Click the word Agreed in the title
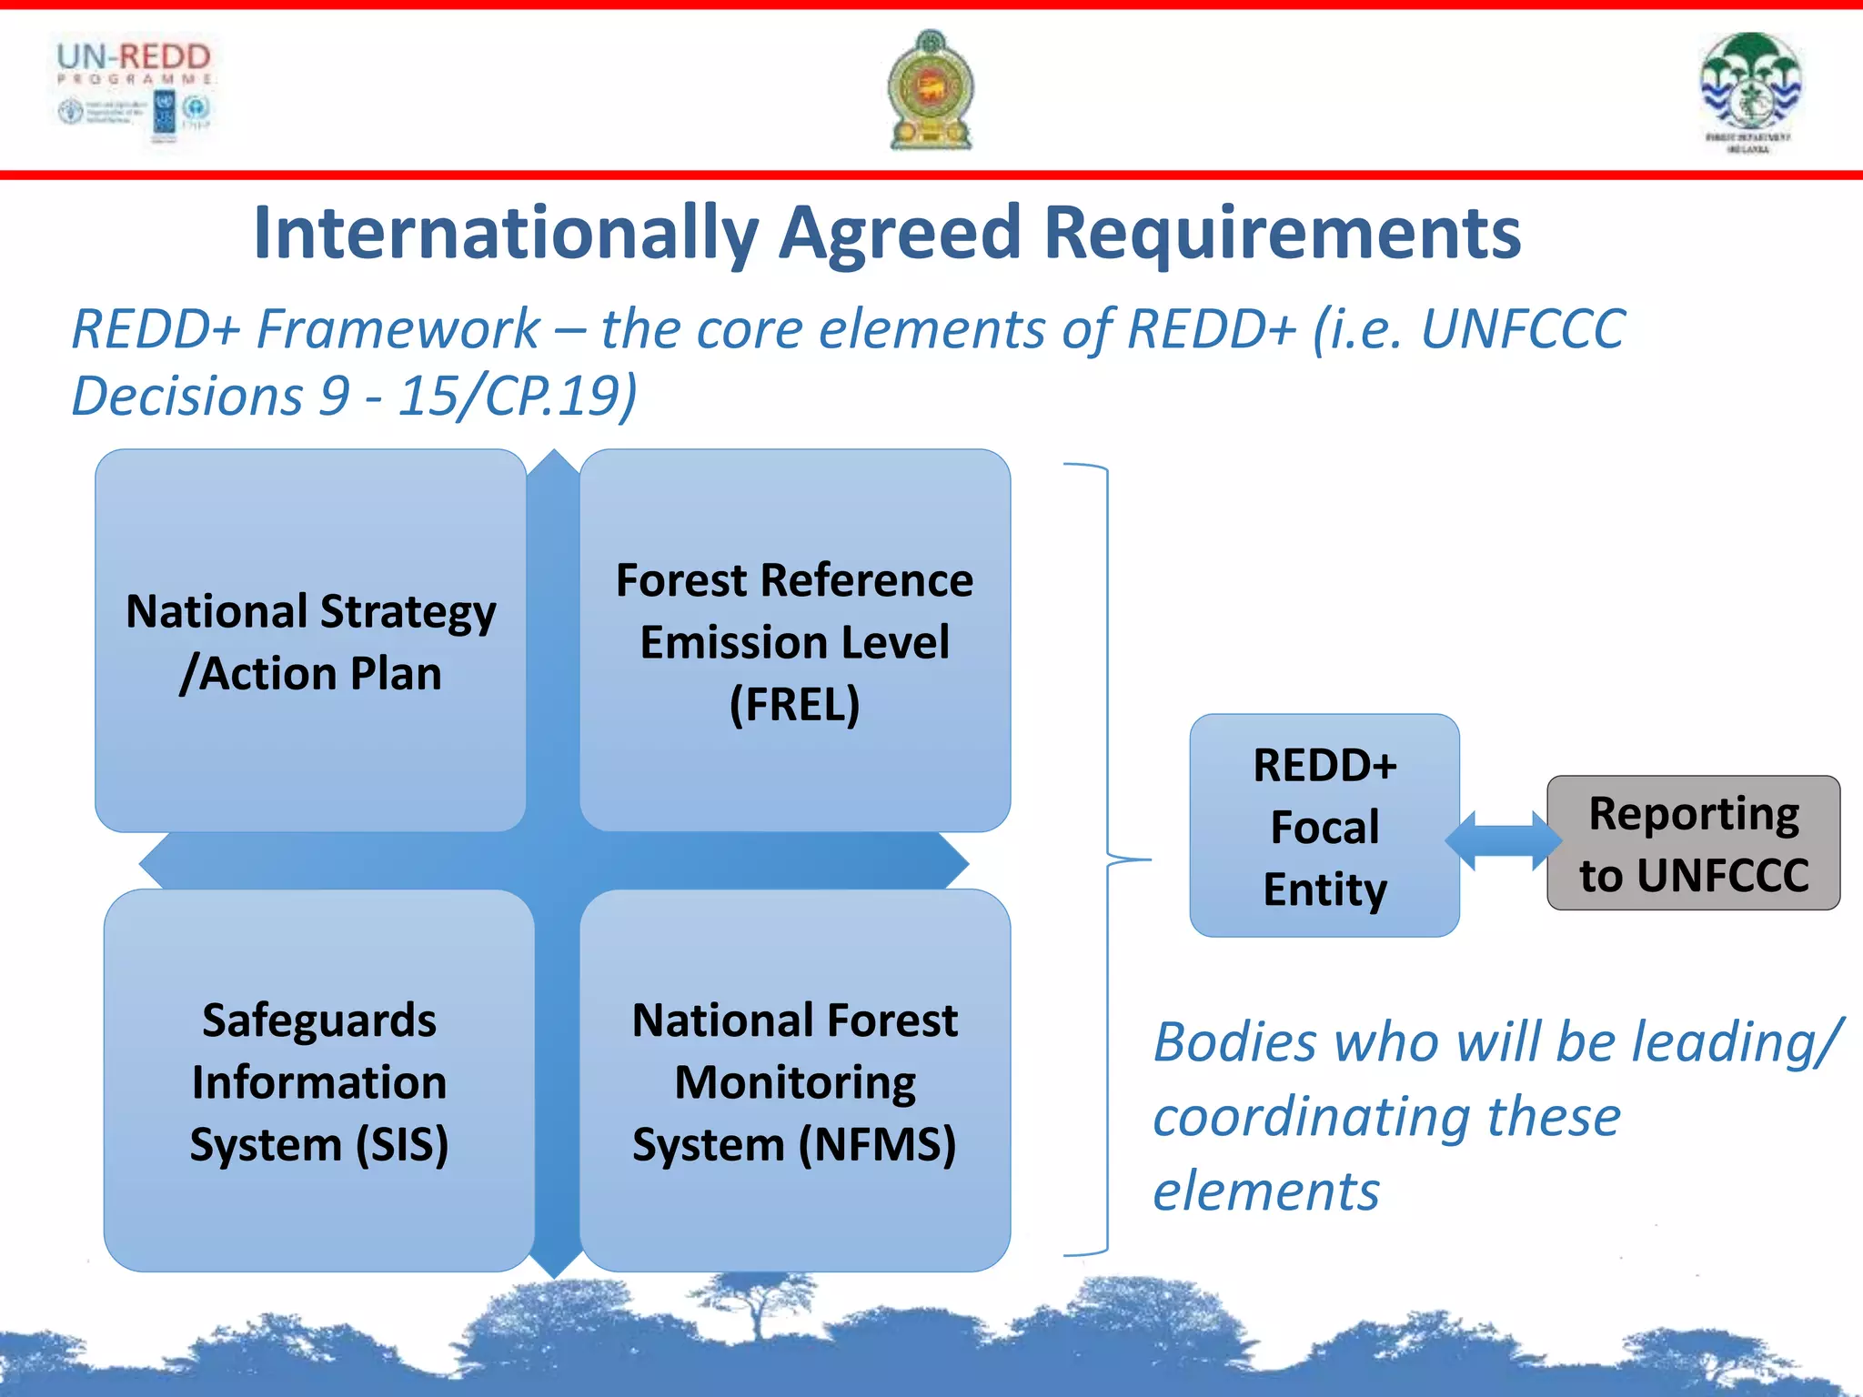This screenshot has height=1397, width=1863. click(x=901, y=233)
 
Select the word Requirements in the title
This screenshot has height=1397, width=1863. click(x=1283, y=233)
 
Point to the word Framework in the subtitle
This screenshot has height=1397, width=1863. click(x=398, y=328)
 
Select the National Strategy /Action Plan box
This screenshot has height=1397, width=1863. click(x=311, y=641)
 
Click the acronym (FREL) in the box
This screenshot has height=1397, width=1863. click(x=794, y=705)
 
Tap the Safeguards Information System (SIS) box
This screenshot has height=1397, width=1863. click(x=318, y=1081)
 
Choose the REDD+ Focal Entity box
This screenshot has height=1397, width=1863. click(x=1324, y=826)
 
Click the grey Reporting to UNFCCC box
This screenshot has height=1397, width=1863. click(x=1693, y=843)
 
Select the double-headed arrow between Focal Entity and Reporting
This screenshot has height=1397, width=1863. click(x=1503, y=840)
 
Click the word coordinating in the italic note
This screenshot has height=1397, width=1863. click(x=1312, y=1117)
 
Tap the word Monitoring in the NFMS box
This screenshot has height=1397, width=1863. click(x=794, y=1082)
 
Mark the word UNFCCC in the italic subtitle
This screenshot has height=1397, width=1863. click(x=1522, y=328)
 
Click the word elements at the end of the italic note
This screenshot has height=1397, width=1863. click(x=1266, y=1191)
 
